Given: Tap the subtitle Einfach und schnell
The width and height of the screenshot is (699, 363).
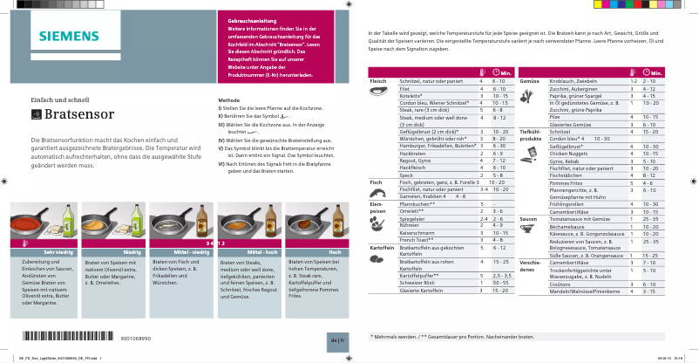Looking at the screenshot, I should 60,99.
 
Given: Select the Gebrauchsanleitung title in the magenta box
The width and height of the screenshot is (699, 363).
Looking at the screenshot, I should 251,19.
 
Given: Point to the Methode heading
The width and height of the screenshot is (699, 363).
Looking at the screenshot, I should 228,100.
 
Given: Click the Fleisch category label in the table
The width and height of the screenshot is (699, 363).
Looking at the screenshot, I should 377,80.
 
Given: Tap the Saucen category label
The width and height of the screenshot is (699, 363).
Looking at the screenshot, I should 527,218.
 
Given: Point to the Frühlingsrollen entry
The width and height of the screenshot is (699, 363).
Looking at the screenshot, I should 567,204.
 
